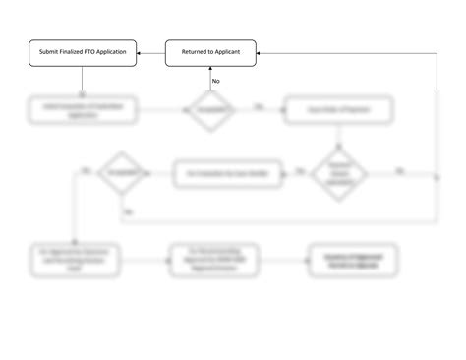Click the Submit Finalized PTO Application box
click(82, 52)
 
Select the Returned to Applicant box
click(210, 52)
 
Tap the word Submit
click(47, 52)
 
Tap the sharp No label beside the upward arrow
click(216, 81)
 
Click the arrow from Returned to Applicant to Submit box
click(149, 52)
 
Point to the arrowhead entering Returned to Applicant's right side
click(261, 52)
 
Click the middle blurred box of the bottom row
click(210, 261)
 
